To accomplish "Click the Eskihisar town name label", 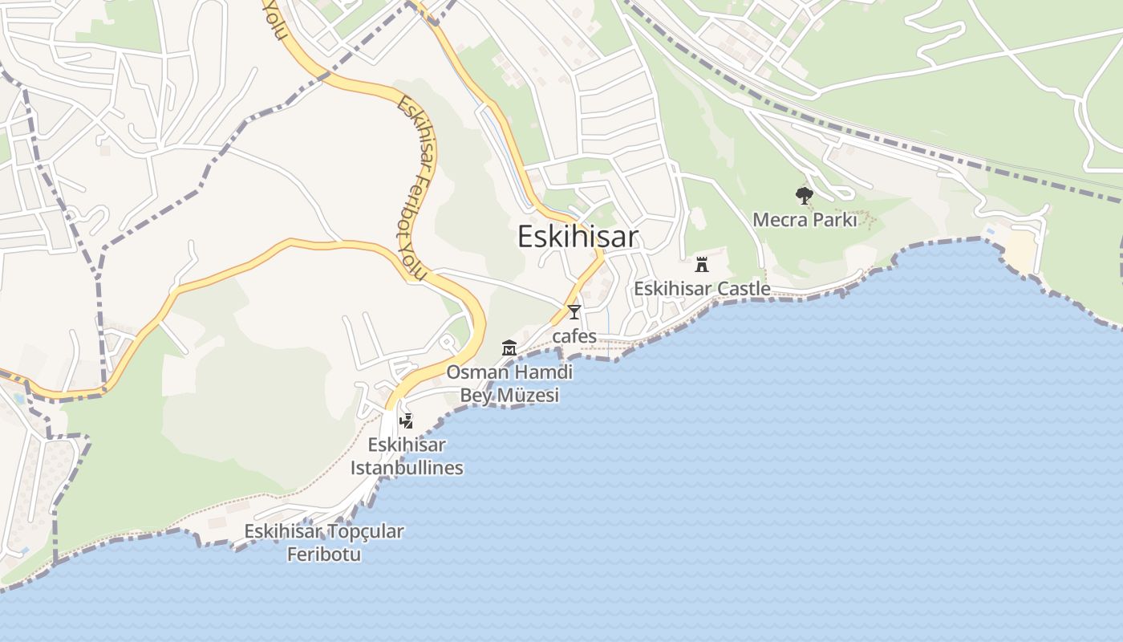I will (578, 237).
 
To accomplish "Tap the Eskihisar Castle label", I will (702, 288).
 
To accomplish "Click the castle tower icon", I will (702, 264).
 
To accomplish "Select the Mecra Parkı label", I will (805, 219).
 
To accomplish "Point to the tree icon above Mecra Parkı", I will (804, 195).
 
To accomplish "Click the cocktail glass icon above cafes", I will (574, 312).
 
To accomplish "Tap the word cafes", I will (574, 335).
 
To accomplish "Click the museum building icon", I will (509, 347).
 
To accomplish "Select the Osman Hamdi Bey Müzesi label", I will (509, 384).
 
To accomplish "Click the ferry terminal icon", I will (407, 421).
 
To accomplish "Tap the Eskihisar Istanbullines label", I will (407, 456).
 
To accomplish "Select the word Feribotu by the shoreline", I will (324, 554).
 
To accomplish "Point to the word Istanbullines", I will (407, 467).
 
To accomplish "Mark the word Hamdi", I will (544, 372).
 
